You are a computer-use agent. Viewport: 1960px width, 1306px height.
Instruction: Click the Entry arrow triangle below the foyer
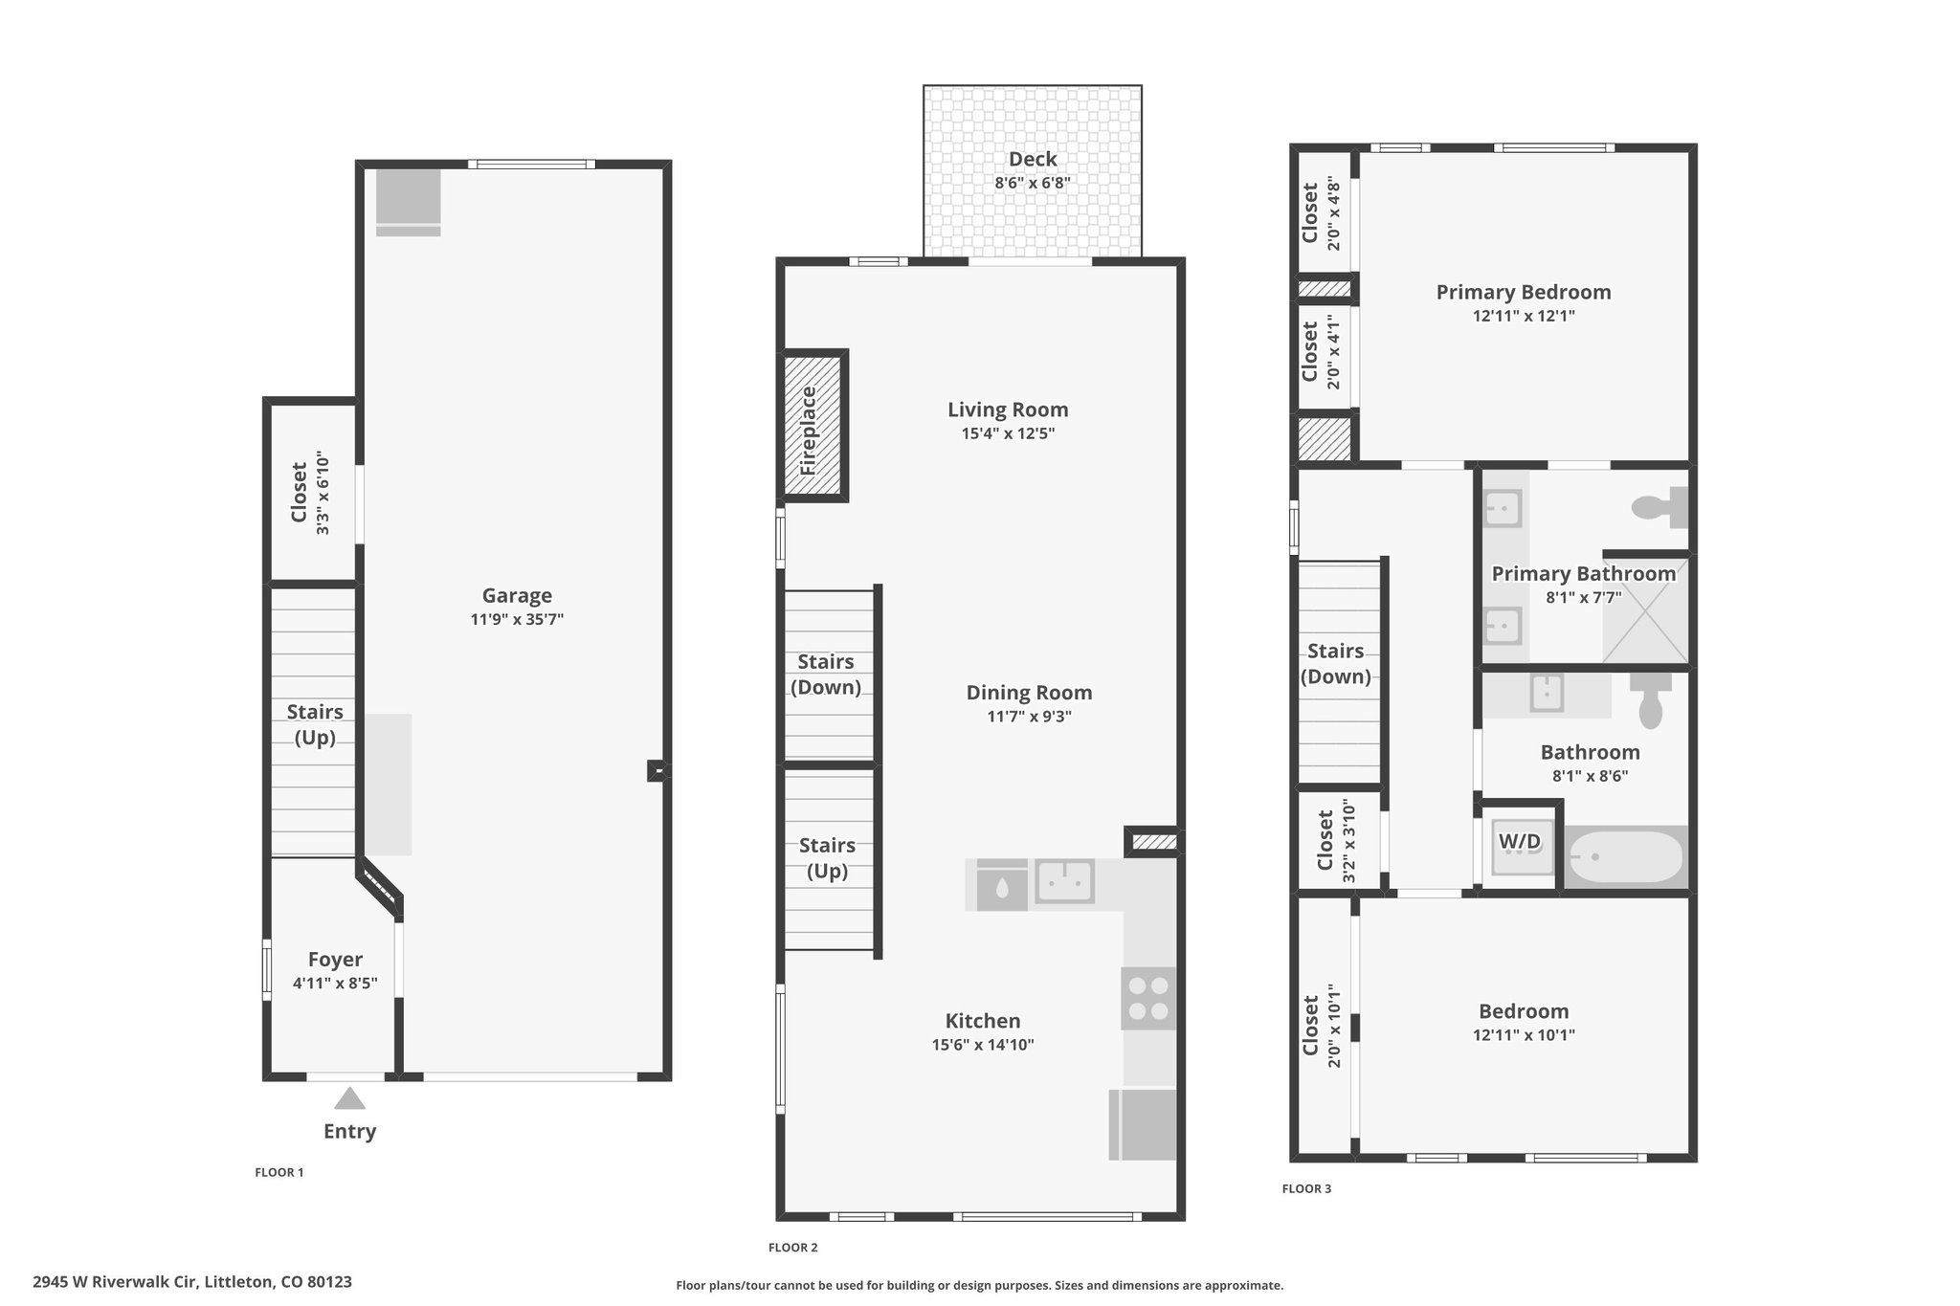coord(349,1098)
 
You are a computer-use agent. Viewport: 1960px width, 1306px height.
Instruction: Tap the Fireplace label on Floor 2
coord(809,431)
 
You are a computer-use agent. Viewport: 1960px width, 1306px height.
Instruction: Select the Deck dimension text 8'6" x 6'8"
coord(1033,183)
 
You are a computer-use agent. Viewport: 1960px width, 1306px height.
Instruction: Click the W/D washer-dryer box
coord(1520,842)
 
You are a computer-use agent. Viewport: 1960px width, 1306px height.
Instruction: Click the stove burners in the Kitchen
coord(1148,998)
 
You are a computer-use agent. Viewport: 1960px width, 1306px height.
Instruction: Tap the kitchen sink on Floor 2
coord(1064,882)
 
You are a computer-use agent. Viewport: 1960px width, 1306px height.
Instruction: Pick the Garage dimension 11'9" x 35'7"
coord(517,619)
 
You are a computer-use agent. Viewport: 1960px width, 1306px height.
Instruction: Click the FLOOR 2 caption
coord(793,1248)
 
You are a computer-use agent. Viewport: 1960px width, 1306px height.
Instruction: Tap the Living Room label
coord(1008,410)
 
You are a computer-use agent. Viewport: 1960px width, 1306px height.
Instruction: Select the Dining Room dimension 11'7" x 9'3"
coord(1029,717)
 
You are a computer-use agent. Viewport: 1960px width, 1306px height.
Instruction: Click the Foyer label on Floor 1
coord(335,960)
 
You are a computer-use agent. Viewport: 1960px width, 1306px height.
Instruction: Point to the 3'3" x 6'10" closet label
coord(323,493)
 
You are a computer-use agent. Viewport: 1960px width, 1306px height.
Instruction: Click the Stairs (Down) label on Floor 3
coord(1336,663)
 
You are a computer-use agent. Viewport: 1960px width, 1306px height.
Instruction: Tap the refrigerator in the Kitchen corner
coord(1143,1124)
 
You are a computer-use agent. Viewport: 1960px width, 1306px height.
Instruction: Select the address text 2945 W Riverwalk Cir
coord(115,1281)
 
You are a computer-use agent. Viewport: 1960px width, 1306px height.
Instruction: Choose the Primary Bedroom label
coord(1524,292)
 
